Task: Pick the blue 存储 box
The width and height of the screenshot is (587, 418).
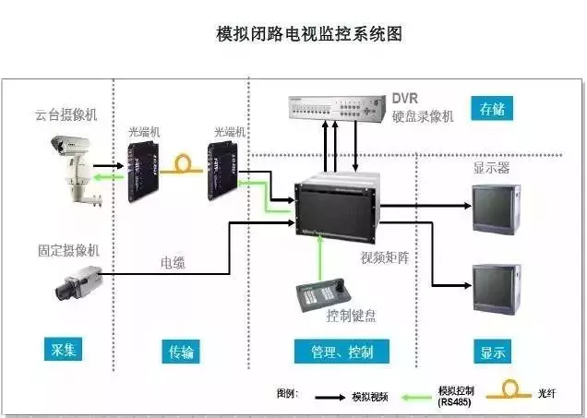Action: pyautogui.click(x=492, y=110)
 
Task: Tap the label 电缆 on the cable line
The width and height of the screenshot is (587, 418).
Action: pyautogui.click(x=173, y=263)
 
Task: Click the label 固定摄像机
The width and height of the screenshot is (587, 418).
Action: pyautogui.click(x=67, y=248)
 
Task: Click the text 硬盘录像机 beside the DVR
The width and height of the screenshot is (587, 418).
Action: pyautogui.click(x=424, y=116)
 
